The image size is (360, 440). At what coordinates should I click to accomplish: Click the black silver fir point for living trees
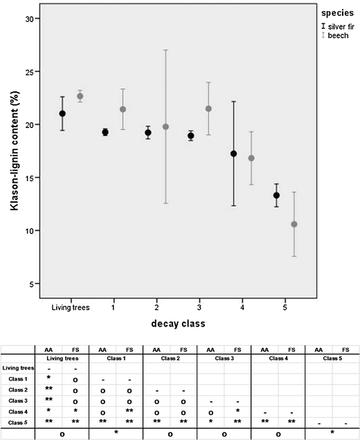[62, 113]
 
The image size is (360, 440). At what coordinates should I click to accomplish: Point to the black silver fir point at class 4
[233, 154]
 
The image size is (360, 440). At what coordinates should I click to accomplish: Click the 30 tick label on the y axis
[28, 19]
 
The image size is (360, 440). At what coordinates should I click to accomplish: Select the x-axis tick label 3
[199, 307]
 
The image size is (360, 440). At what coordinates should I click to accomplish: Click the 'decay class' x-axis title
[179, 324]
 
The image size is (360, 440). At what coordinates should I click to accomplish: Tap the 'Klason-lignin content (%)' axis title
[12, 152]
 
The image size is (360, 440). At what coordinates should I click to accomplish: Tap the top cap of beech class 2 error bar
[165, 50]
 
